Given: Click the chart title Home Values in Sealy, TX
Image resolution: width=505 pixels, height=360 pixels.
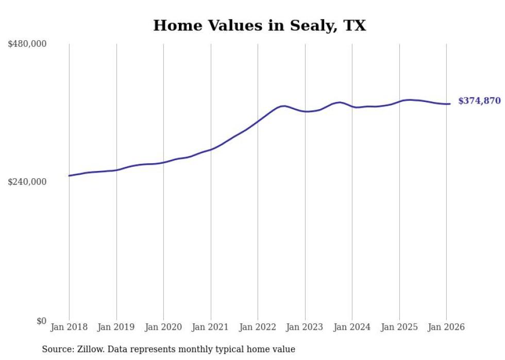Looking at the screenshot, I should click(259, 25).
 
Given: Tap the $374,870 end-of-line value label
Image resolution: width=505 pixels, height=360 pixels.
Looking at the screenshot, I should click(479, 101).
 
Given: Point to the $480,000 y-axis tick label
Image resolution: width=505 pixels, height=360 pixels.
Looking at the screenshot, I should click(27, 44).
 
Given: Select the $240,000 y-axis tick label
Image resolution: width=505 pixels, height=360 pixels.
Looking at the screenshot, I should click(27, 182).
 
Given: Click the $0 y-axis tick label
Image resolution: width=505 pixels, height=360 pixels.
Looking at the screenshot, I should click(41, 321).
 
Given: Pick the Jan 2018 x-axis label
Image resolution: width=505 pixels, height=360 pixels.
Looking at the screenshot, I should click(69, 327).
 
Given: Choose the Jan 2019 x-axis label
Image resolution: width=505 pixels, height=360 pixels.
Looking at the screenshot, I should click(116, 327).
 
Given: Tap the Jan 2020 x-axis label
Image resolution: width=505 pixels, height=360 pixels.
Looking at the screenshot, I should click(163, 327).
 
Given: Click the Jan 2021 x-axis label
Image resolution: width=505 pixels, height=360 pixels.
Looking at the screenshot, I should click(211, 327).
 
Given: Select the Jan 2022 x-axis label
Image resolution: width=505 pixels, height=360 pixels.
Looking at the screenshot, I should click(258, 327).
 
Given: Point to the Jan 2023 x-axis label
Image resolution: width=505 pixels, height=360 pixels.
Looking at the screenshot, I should click(305, 327).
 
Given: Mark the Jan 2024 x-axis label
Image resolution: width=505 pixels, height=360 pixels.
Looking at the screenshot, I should click(352, 327).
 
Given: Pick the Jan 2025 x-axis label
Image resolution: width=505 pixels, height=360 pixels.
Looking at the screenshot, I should click(399, 327).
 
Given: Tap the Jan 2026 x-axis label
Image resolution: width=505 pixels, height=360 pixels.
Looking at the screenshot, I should click(446, 327).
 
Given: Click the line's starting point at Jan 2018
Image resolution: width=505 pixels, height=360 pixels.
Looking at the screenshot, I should click(69, 176).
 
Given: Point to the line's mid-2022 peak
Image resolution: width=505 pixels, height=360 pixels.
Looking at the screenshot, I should click(283, 106).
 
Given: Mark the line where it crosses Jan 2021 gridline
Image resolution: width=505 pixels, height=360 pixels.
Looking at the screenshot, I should click(211, 149).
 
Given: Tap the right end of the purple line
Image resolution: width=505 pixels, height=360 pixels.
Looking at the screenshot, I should click(450, 104).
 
